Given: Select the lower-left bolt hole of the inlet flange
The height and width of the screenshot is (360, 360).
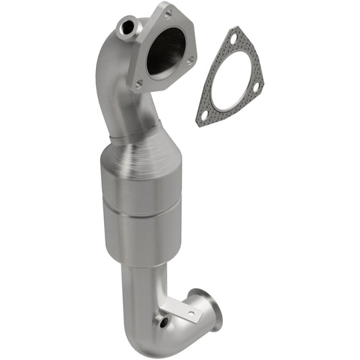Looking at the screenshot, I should (x=138, y=84).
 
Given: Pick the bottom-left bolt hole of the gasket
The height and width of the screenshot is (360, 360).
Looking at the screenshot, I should (x=204, y=116).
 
